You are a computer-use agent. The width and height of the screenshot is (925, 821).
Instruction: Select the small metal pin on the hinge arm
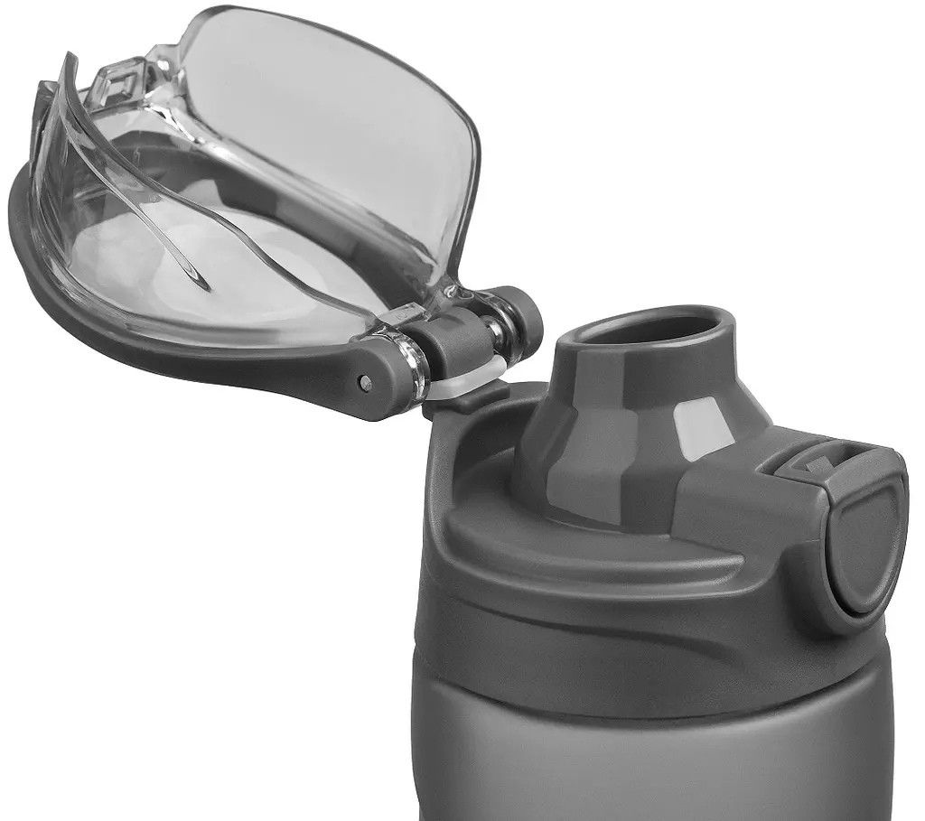coord(365,383)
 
